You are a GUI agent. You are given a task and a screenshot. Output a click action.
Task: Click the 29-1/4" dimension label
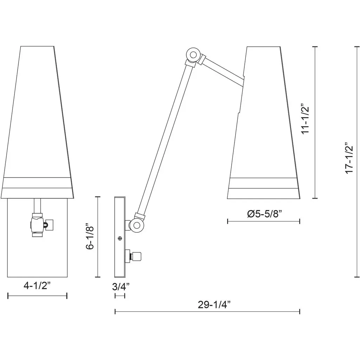click(x=214, y=305)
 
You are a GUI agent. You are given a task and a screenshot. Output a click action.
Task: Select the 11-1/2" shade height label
click(x=306, y=120)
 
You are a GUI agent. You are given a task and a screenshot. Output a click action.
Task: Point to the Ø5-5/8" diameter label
click(x=264, y=214)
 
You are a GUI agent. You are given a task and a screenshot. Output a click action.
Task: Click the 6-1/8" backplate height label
click(x=90, y=236)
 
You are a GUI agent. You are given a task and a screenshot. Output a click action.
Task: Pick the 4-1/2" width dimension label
click(x=37, y=285)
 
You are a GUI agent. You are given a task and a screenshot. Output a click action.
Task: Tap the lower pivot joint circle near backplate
click(x=137, y=225)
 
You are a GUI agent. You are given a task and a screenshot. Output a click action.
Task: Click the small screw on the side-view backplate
click(x=120, y=238)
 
